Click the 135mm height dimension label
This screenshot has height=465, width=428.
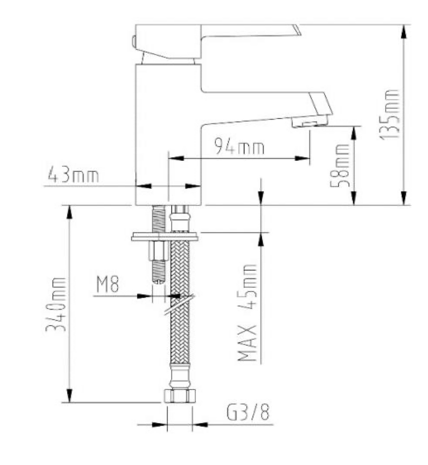click(389, 114)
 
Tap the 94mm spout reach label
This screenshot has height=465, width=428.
click(239, 146)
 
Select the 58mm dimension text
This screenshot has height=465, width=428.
click(340, 165)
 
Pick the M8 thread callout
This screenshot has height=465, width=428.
click(107, 284)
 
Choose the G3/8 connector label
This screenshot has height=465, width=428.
click(248, 412)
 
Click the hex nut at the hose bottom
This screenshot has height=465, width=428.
click(180, 396)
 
